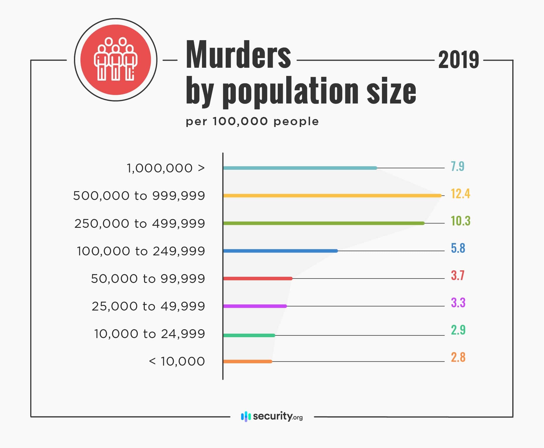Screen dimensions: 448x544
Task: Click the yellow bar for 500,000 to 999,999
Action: pyautogui.click(x=332, y=196)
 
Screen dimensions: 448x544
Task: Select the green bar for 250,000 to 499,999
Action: pyautogui.click(x=324, y=223)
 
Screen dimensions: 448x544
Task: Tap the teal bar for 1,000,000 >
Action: pyautogui.click(x=300, y=168)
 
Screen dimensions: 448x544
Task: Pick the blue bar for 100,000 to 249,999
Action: pyautogui.click(x=280, y=251)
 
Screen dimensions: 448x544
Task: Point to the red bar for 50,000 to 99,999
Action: pyautogui.click(x=257, y=279)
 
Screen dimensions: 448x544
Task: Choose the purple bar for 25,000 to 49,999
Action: pyautogui.click(x=255, y=306)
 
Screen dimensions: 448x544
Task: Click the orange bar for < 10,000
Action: pyautogui.click(x=247, y=362)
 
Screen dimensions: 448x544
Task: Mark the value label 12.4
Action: pyautogui.click(x=460, y=194)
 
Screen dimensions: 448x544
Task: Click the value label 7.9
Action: pyautogui.click(x=457, y=166)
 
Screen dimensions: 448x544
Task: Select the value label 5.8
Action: pyautogui.click(x=458, y=248)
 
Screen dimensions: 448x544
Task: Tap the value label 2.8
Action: pyautogui.click(x=458, y=357)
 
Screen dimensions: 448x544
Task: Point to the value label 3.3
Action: pyautogui.click(x=458, y=303)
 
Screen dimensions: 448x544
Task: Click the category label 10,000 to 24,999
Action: pyautogui.click(x=149, y=334)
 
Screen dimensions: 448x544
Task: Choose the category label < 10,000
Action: pyautogui.click(x=177, y=362)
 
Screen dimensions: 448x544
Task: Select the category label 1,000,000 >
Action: pyautogui.click(x=166, y=168)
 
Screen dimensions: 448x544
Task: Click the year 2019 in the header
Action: pyautogui.click(x=459, y=60)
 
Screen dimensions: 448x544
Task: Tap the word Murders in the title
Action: pyautogui.click(x=238, y=55)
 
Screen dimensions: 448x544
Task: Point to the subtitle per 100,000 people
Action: pyautogui.click(x=252, y=121)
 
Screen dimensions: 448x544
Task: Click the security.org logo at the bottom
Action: pyautogui.click(x=272, y=416)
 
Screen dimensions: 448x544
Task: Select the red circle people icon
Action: pyautogui.click(x=116, y=60)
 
